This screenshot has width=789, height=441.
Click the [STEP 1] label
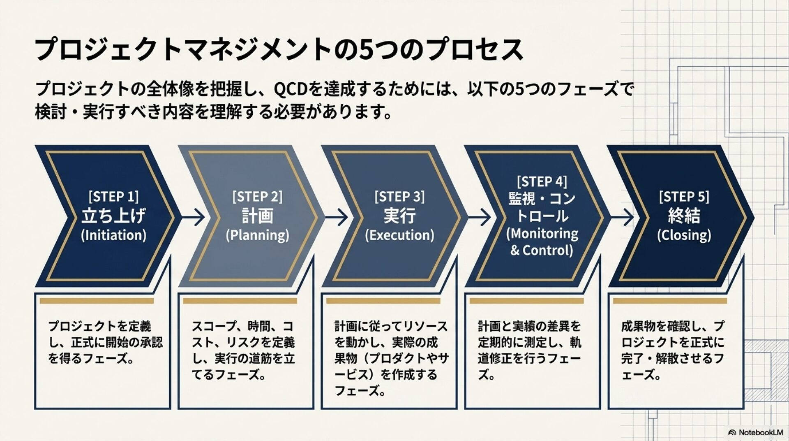[113, 196]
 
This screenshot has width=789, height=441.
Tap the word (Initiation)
[113, 235]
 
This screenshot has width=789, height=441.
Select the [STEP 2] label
[257, 196]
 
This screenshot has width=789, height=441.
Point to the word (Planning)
[257, 235]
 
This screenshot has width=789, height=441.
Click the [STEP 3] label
[399, 196]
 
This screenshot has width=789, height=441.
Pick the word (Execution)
[399, 235]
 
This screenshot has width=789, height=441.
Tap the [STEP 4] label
[542, 181]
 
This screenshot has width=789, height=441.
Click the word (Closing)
[684, 235]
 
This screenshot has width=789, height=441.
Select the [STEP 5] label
[684, 196]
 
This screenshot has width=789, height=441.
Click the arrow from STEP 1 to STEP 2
[193, 217]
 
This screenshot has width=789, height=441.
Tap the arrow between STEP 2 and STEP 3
[337, 217]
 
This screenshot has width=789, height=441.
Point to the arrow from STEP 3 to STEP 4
[480, 217]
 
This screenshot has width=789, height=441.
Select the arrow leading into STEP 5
[623, 217]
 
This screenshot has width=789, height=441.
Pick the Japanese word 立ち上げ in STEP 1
[113, 215]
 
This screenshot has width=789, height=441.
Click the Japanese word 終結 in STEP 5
[684, 215]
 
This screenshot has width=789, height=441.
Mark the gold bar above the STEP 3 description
[383, 301]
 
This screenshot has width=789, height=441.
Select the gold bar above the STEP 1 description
[97, 301]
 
